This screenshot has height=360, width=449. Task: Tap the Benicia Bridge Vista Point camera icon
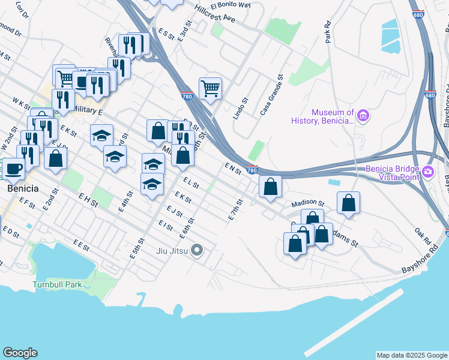427,172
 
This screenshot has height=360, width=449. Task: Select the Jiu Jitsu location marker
196,250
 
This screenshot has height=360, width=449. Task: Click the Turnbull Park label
57,284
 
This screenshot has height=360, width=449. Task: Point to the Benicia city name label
23,188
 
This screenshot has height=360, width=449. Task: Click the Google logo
20,353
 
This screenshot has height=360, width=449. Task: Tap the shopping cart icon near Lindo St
210,89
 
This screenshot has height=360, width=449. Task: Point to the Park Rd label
328,32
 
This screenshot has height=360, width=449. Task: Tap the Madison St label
309,203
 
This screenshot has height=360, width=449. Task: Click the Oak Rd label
423,232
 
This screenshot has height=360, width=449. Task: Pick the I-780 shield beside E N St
252,170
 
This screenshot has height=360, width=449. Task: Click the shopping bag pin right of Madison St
348,203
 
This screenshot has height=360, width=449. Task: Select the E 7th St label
235,209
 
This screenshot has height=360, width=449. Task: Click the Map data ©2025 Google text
412,355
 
